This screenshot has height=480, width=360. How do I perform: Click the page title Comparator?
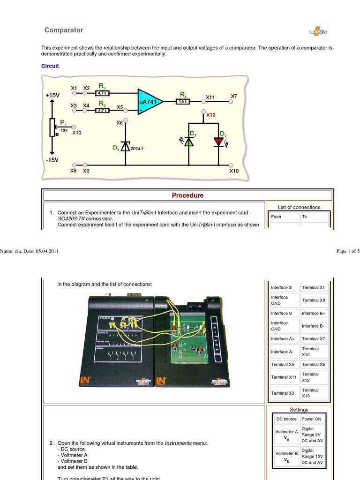point(64,30)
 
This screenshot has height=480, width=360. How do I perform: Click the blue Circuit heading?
point(50,66)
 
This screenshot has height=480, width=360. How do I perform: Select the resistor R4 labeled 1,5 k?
point(183,101)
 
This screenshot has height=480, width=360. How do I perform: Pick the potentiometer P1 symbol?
point(52,127)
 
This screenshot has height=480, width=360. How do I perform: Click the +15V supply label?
point(52,95)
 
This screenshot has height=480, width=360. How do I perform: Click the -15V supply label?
point(52,160)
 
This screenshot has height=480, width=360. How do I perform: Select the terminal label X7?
point(234,96)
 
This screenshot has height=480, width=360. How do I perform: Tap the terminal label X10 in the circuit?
point(234,172)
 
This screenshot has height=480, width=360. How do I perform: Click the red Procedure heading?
point(187,195)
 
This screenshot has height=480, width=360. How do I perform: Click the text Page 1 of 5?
point(348,251)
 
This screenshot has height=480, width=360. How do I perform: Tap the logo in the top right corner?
point(317,31)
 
